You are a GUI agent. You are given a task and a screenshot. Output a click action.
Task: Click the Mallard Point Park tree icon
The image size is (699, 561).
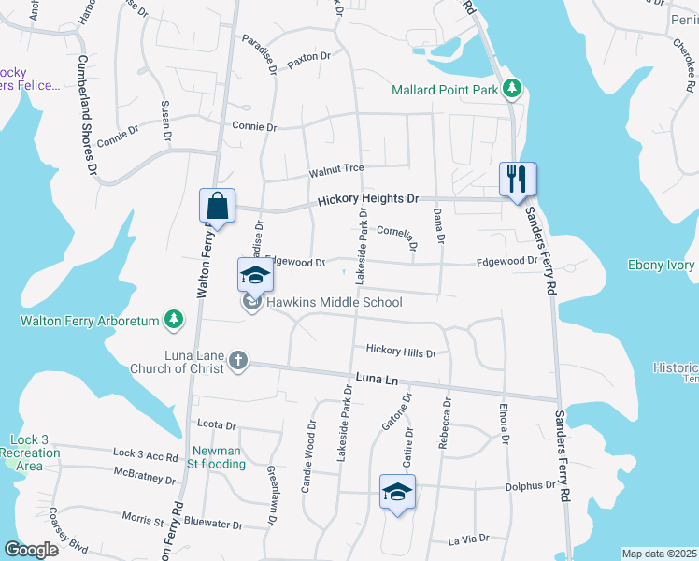(x=511, y=90)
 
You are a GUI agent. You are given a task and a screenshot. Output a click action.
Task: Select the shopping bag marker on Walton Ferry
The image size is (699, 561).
(x=216, y=206)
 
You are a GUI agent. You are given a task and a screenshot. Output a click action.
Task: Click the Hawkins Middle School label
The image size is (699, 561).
(x=335, y=302)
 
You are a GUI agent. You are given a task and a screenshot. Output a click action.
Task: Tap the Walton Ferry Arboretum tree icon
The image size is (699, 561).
(x=173, y=321)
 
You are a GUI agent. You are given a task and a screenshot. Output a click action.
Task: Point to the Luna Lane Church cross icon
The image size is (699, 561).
(x=238, y=360)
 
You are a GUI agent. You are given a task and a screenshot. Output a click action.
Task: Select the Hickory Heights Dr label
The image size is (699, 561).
(x=366, y=200)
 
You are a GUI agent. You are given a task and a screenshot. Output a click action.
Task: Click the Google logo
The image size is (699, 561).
(x=31, y=549)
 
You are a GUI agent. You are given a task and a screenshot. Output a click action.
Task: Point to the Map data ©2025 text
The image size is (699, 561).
(x=658, y=554)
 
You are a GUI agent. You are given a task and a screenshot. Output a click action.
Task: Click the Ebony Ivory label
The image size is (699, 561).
(x=662, y=266)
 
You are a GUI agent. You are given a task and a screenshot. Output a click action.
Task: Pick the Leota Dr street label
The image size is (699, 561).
(x=217, y=425)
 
